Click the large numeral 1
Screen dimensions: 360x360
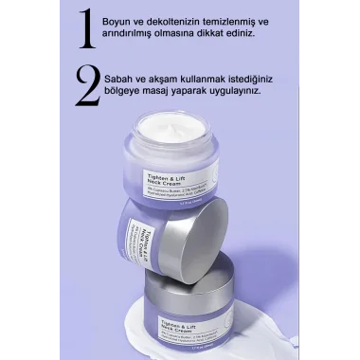tap(86, 28)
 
